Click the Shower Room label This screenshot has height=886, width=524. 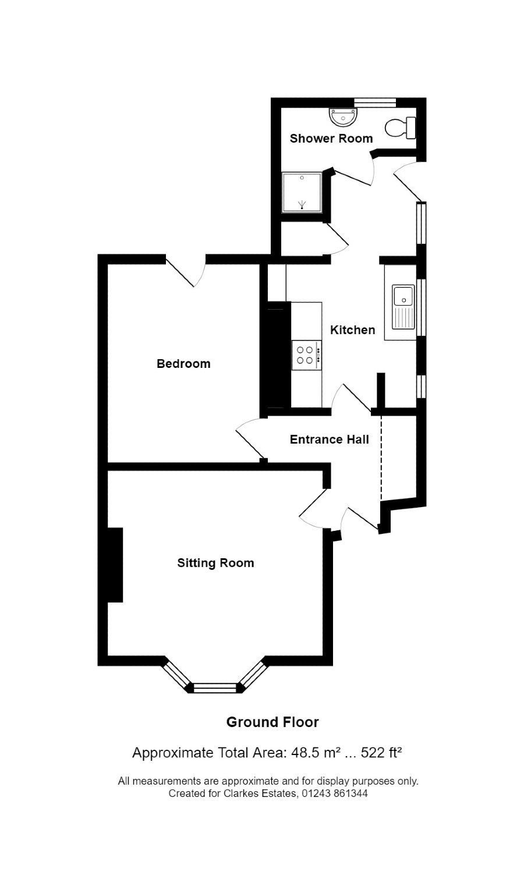pyautogui.click(x=331, y=139)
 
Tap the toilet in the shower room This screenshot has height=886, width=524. pyautogui.click(x=400, y=127)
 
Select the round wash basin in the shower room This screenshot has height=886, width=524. pyautogui.click(x=343, y=117)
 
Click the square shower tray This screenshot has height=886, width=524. pyautogui.click(x=302, y=192)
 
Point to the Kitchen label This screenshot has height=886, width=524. pyautogui.click(x=352, y=330)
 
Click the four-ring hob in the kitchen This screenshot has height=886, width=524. pyautogui.click(x=306, y=355)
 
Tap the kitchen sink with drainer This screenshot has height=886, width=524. pyautogui.click(x=403, y=307)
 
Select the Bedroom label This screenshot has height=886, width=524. pyautogui.click(x=183, y=363)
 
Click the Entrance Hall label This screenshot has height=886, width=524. pyautogui.click(x=329, y=440)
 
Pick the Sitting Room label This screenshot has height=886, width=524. pyautogui.click(x=215, y=563)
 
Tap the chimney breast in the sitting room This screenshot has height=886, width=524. pyautogui.click(x=115, y=565)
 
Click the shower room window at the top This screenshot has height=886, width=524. pyautogui.click(x=375, y=102)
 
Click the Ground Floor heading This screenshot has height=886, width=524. pyautogui.click(x=272, y=722)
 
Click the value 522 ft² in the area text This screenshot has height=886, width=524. pyautogui.click(x=381, y=752)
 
